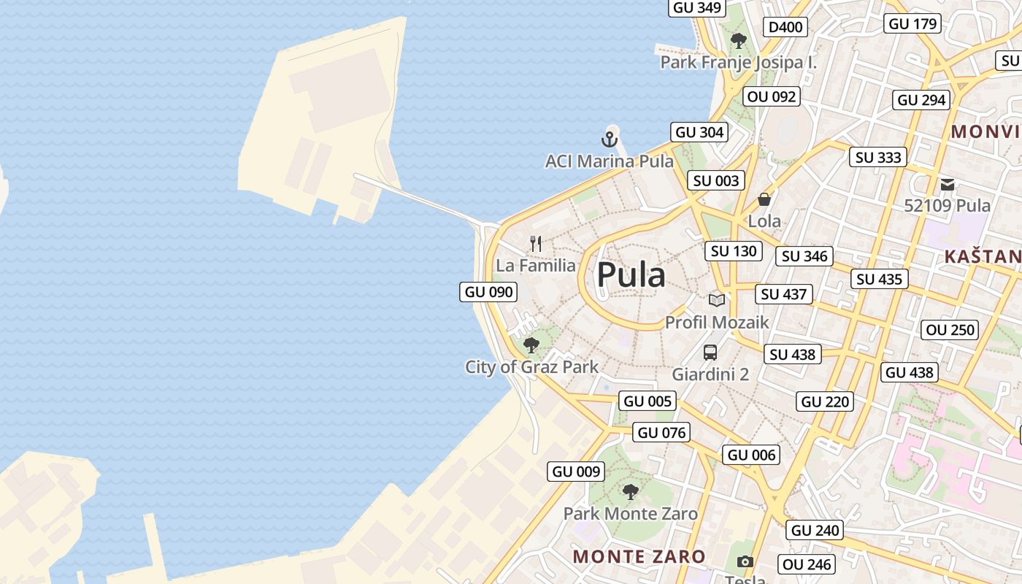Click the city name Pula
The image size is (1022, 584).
coord(631,275)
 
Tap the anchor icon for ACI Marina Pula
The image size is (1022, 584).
coord(610,138)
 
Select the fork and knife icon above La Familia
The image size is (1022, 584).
coord(537,243)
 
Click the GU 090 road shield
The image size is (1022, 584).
coord(489,292)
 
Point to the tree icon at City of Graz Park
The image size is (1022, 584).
coord(531,345)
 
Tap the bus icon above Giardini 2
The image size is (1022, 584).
coord(710,353)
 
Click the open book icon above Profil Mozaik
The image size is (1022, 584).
coord(717,299)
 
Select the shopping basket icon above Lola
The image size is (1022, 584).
coord(764,199)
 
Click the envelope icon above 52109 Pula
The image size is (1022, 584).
coord(948,184)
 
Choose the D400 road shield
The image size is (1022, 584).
coord(785,27)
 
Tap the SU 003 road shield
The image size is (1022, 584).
coord(716,180)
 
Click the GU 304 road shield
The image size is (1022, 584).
coord(699,132)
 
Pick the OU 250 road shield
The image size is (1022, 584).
coord(950,330)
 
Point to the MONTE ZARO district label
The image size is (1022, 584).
coord(639,556)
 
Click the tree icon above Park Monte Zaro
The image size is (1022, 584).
coord(631,491)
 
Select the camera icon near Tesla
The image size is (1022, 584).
coord(745,561)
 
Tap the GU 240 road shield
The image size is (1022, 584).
coord(816,530)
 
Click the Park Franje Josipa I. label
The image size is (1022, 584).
coord(738,63)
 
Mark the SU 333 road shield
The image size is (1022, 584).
coord(878,157)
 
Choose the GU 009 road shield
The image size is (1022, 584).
coord(577,472)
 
